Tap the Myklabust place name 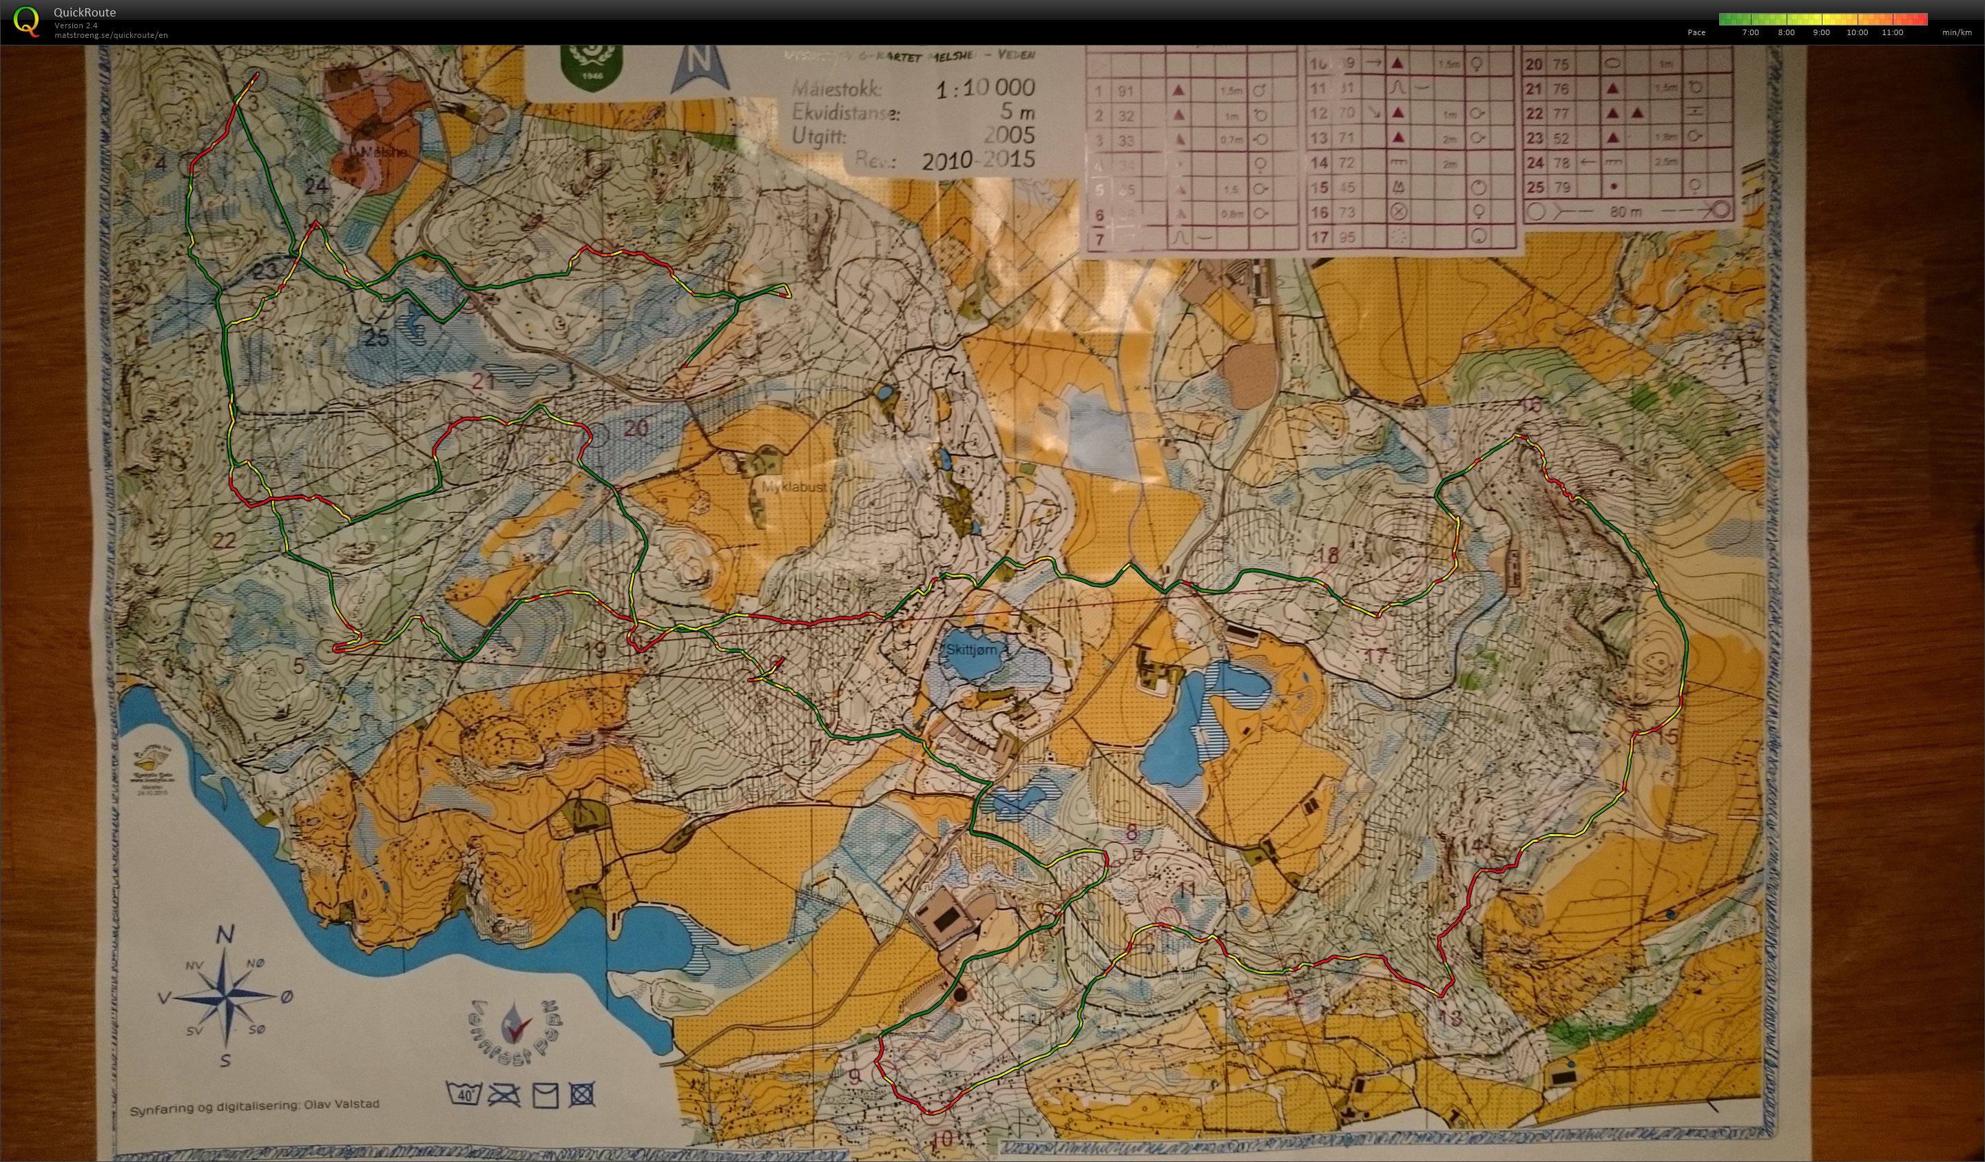(x=793, y=488)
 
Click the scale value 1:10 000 (x=985, y=88)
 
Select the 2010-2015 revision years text (x=977, y=160)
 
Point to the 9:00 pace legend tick (x=1820, y=32)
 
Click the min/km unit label (x=1955, y=32)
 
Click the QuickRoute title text (x=84, y=12)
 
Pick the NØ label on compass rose (x=256, y=964)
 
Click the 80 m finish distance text (x=1625, y=212)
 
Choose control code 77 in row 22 (x=1561, y=114)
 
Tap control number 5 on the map (x=298, y=665)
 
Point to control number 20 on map (x=636, y=428)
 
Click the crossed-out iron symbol (x=504, y=1095)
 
